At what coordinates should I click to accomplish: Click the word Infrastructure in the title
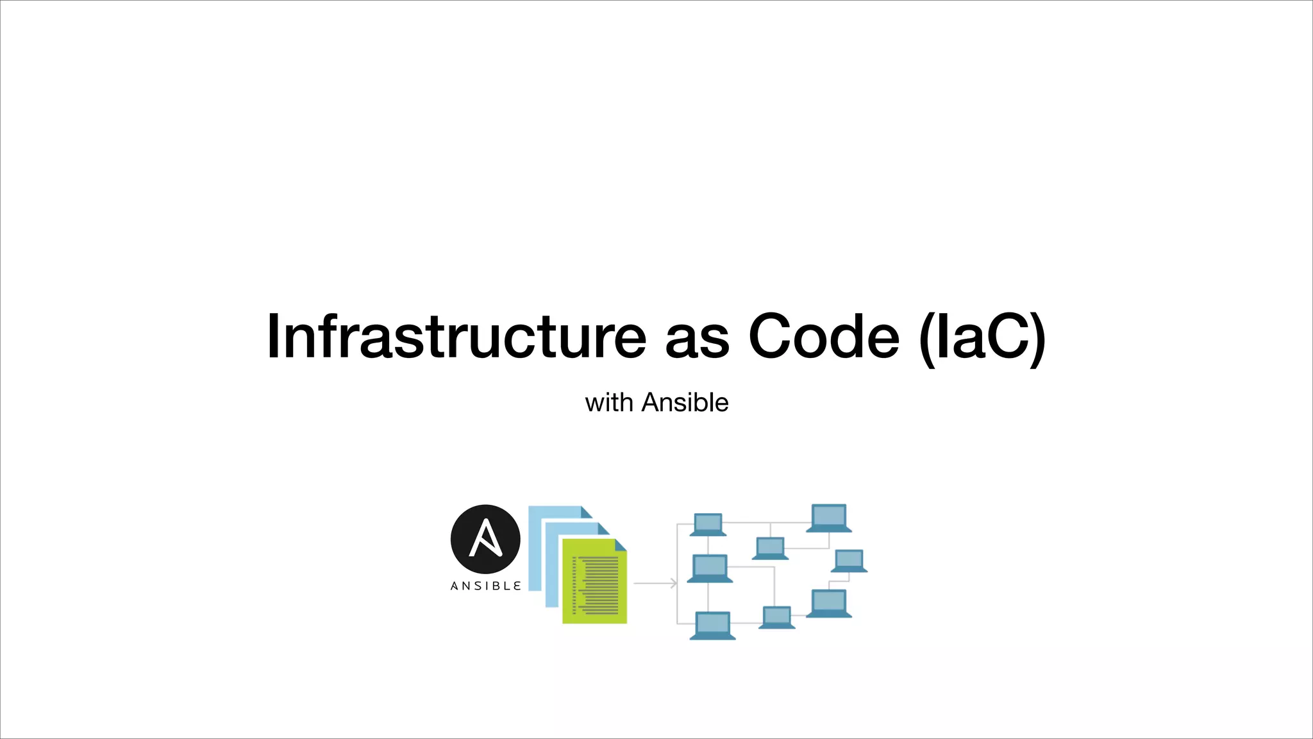click(x=456, y=337)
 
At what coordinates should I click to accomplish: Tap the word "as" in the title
click(x=697, y=340)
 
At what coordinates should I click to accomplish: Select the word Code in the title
click(x=824, y=337)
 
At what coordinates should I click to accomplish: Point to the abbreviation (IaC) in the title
click(x=982, y=338)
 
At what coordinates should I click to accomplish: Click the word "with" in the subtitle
click(x=608, y=403)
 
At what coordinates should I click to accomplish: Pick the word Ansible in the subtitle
click(x=685, y=403)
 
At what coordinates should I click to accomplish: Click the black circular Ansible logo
click(x=485, y=539)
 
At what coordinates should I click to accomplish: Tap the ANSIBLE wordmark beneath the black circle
click(x=485, y=586)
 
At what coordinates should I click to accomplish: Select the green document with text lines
click(x=594, y=584)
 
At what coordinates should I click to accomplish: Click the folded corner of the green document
click(x=620, y=545)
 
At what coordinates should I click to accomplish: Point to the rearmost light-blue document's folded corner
click(x=586, y=512)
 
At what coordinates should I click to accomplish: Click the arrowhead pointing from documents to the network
click(x=673, y=583)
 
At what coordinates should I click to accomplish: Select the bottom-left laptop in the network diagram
click(x=712, y=625)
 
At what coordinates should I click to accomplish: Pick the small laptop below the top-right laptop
click(x=849, y=561)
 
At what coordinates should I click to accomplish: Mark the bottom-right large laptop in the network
click(x=829, y=604)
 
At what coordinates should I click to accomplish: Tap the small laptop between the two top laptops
click(x=770, y=548)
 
